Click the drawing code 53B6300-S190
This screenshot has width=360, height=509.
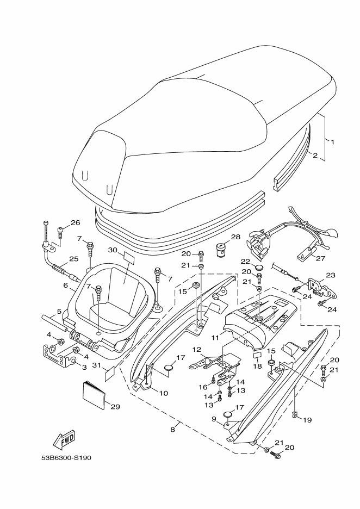pyautogui.click(x=66, y=458)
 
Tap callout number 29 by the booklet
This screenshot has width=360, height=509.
pyautogui.click(x=115, y=406)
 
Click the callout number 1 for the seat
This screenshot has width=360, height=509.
pyautogui.click(x=332, y=141)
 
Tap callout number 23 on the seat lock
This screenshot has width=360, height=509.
pyautogui.click(x=331, y=275)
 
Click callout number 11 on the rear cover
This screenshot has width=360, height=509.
pyautogui.click(x=215, y=338)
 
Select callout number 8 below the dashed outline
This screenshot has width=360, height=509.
pyautogui.click(x=173, y=430)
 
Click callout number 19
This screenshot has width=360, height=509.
pyautogui.click(x=307, y=420)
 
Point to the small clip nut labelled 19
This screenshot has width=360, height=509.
pyautogui.click(x=295, y=414)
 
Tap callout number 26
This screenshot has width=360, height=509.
pyautogui.click(x=75, y=223)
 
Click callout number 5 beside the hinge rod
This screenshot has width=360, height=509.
pyautogui.click(x=59, y=311)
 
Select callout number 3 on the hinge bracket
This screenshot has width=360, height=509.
pyautogui.click(x=84, y=367)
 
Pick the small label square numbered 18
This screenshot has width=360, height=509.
pyautogui.click(x=257, y=354)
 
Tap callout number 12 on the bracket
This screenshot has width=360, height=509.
pyautogui.click(x=197, y=350)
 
